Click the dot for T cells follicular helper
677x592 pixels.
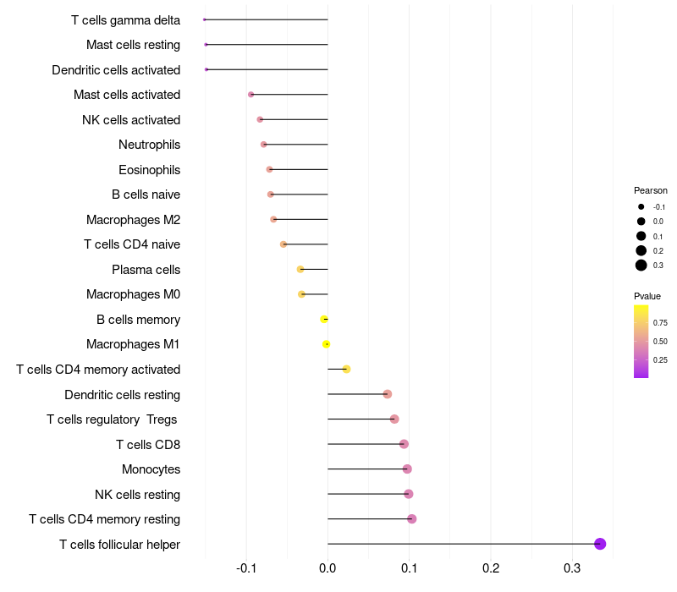pos(600,544)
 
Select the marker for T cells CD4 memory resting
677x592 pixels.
pos(412,519)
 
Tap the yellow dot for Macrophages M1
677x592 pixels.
pos(327,344)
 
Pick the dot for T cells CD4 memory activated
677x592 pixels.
pos(346,370)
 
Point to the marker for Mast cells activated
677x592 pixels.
pos(250,95)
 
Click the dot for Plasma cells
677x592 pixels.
pos(300,270)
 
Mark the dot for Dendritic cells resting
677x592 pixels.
pos(388,394)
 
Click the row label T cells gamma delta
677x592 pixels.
pos(125,19)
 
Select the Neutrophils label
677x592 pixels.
pos(149,145)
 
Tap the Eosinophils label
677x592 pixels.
pos(149,170)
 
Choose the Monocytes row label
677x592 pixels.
pos(151,469)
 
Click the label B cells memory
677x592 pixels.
pos(138,320)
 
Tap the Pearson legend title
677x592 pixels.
pos(650,190)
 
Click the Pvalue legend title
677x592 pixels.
pos(647,296)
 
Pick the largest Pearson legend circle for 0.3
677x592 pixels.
pos(641,266)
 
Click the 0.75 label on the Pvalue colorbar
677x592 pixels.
pos(660,323)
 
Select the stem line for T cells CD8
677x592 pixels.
pos(364,444)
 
